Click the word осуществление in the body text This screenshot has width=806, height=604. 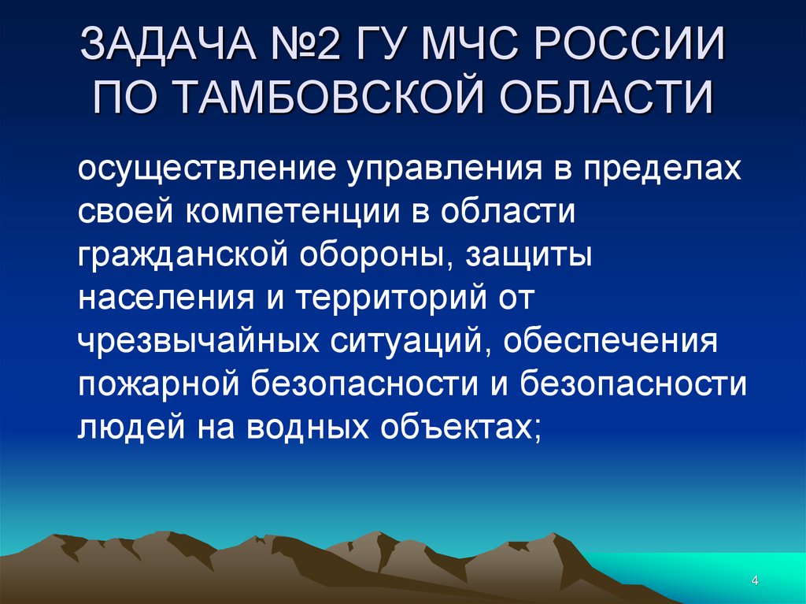click(x=200, y=169)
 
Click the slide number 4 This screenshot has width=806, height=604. click(x=755, y=581)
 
